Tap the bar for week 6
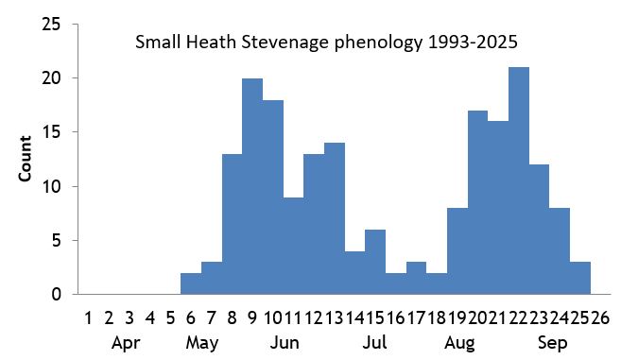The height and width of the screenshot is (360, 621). pos(190,283)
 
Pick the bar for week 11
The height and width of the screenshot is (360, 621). pos(293,246)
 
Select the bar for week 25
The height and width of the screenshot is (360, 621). pos(580,278)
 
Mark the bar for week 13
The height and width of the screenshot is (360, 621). pos(335,218)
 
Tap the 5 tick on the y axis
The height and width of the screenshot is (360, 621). pos(58,240)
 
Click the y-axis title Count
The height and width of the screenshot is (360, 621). pos(26,159)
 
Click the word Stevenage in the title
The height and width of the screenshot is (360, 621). pos(284,43)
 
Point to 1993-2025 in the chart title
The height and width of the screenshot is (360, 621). pos(473,43)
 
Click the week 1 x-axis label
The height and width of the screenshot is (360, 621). pos(88,317)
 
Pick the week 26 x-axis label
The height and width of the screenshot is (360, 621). pos(600,317)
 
